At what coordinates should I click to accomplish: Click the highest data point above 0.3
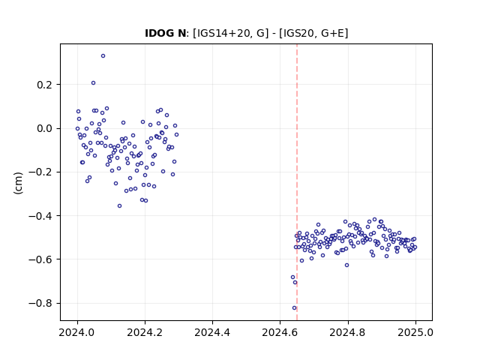(103, 56)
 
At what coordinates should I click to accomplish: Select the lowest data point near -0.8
(295, 308)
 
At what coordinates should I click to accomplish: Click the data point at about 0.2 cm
(93, 83)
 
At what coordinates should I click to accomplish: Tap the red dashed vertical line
(297, 182)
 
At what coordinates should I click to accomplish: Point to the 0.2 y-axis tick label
(44, 85)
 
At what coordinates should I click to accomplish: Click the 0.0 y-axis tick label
(44, 128)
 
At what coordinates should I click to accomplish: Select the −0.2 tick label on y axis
(40, 172)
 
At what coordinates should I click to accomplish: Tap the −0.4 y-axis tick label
(40, 216)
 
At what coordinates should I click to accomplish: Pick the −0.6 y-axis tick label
(40, 259)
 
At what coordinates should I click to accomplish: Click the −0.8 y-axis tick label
(40, 303)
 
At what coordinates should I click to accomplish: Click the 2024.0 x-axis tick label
(77, 332)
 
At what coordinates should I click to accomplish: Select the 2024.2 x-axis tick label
(145, 332)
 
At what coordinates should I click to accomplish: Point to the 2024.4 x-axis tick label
(212, 332)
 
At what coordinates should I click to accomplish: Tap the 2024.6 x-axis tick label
(280, 332)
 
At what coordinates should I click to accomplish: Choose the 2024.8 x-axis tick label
(348, 332)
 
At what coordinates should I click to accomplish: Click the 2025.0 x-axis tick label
(415, 332)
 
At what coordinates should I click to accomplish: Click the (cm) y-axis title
(18, 183)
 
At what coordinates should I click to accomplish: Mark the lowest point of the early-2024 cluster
(119, 206)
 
